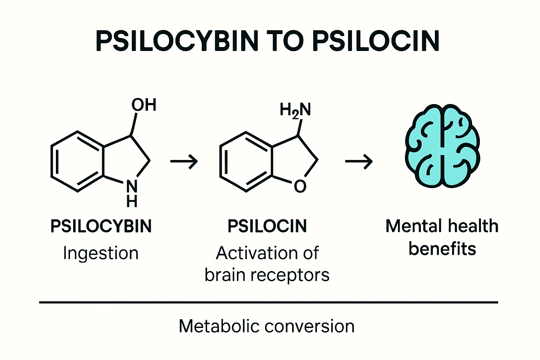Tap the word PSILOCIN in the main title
(x=376, y=41)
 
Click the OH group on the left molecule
(x=144, y=105)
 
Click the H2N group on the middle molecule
(x=295, y=110)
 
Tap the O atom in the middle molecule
(x=300, y=186)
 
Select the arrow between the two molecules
(x=184, y=162)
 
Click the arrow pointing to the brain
(x=359, y=162)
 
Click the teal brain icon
(x=442, y=146)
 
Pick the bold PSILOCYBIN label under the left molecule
(x=101, y=226)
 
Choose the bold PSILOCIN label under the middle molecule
(x=267, y=226)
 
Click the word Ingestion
(x=101, y=253)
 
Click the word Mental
(x=413, y=226)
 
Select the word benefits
(x=442, y=249)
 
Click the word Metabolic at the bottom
(x=219, y=326)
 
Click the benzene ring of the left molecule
(x=78, y=162)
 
